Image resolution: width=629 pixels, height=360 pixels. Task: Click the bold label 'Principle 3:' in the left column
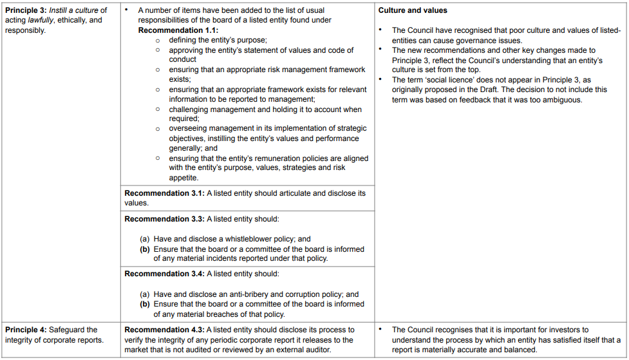pos(26,10)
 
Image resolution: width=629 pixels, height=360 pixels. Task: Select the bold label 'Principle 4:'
pos(26,330)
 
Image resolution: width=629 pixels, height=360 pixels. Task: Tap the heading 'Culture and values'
pos(413,10)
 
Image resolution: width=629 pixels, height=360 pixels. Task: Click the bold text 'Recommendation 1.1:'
pos(178,30)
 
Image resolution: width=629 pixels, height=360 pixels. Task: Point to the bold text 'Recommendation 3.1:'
pos(164,193)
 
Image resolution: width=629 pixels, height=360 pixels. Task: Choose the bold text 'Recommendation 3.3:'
pos(164,219)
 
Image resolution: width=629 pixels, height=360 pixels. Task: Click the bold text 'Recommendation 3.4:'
pos(164,274)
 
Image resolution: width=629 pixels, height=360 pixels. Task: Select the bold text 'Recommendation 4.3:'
pos(164,330)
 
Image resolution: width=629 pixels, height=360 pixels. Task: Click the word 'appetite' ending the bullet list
pos(183,178)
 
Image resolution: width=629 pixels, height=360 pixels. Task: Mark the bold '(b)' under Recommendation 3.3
pos(146,249)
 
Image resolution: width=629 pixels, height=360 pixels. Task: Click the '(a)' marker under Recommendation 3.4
pos(146,294)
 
